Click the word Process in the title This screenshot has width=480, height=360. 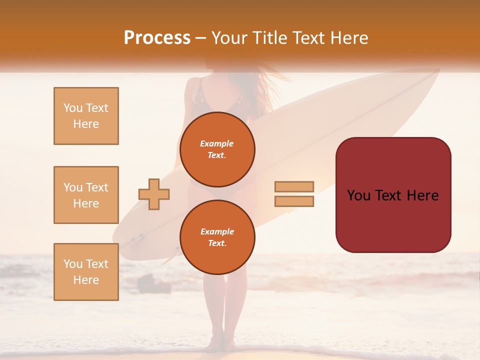click(x=157, y=38)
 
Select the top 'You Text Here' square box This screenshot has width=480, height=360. click(x=86, y=116)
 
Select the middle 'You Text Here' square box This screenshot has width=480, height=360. click(x=86, y=195)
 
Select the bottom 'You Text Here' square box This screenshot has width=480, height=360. click(x=86, y=272)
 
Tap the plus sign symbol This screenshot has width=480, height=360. click(x=154, y=194)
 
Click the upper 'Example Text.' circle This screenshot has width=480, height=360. click(x=217, y=149)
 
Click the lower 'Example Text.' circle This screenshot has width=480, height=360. click(x=217, y=237)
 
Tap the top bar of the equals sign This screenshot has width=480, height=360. click(x=294, y=186)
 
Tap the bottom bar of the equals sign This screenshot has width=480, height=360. click(x=294, y=201)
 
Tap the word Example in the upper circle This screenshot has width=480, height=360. click(x=216, y=143)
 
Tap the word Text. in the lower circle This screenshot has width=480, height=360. click(x=217, y=243)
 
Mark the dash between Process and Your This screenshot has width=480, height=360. click(x=201, y=38)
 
